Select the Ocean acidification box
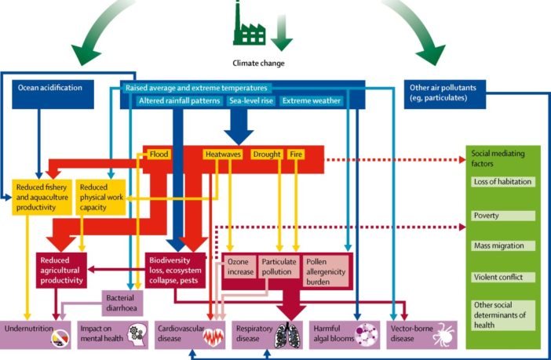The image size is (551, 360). (50, 88)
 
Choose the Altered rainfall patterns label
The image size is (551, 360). (180, 101)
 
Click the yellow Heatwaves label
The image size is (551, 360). (222, 155)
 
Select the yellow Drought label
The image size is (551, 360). (266, 155)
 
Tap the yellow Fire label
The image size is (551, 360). (296, 155)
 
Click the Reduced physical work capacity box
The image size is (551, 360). (101, 197)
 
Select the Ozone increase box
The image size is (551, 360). (240, 266)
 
